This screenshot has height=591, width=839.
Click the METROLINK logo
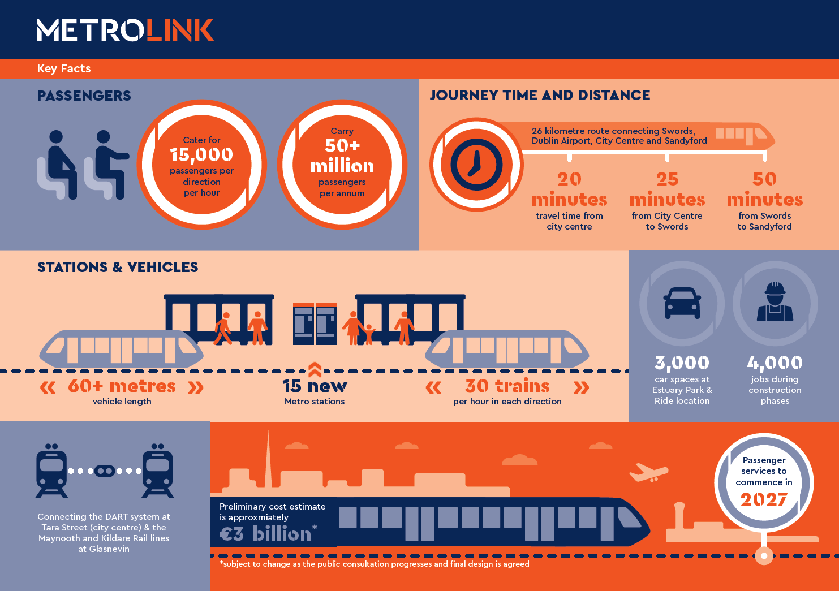click(125, 31)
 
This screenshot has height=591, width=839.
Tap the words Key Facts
click(64, 68)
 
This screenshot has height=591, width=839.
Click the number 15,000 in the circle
click(201, 154)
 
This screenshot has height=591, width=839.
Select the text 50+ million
click(342, 156)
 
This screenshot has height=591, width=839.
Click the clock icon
click(476, 165)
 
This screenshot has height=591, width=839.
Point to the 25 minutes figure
click(667, 189)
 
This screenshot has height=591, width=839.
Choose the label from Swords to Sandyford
click(764, 221)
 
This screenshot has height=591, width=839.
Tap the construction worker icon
click(775, 303)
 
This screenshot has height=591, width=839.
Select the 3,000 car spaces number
click(682, 363)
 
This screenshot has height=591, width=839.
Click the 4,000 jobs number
click(775, 363)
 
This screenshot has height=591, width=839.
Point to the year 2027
click(764, 499)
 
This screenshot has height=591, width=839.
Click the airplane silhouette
click(648, 472)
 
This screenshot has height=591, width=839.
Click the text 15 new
click(315, 386)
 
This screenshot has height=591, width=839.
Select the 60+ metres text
click(122, 386)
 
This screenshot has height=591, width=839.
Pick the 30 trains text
click(507, 386)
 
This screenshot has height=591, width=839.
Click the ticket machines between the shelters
click(315, 324)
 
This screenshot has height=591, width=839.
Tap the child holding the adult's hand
click(369, 334)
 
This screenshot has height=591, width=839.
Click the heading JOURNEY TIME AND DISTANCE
click(540, 95)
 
